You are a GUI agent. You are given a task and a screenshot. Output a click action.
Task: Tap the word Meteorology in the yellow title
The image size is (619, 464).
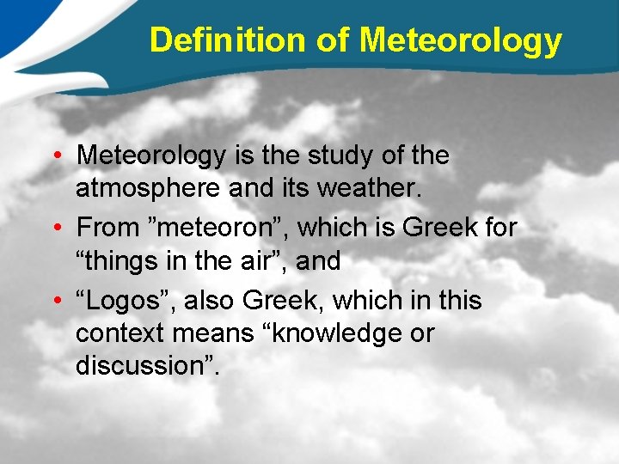[461, 40]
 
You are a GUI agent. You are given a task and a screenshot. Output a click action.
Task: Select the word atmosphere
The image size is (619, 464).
[149, 187]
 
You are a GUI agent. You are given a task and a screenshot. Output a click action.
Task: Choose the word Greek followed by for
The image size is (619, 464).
[438, 228]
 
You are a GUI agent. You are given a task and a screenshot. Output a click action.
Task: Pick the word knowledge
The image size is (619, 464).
[330, 333]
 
